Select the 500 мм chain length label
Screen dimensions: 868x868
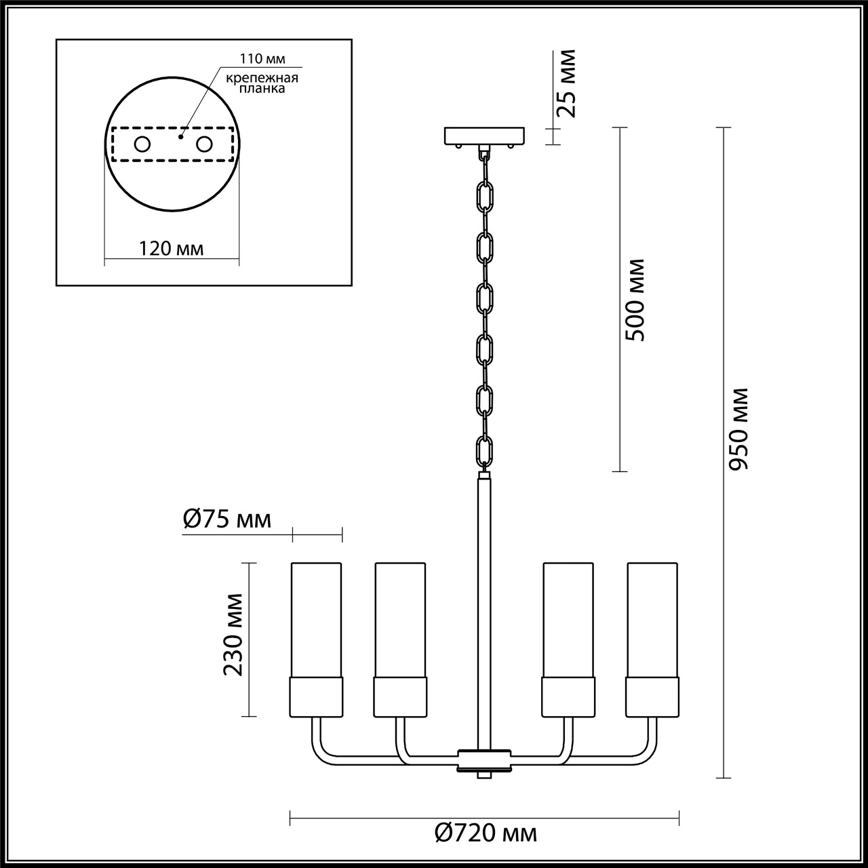tap(634, 300)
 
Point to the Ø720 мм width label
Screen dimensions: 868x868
tap(485, 832)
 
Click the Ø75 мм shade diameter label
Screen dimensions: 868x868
tap(227, 520)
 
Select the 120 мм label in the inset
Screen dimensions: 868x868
tap(171, 248)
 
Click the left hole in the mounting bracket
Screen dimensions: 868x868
tap(142, 144)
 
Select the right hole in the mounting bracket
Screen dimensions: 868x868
tap(203, 144)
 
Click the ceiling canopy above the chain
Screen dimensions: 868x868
tap(484, 136)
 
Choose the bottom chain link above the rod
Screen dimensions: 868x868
tap(484, 451)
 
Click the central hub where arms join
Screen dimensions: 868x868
tap(484, 759)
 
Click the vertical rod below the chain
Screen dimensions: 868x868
tap(484, 597)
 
